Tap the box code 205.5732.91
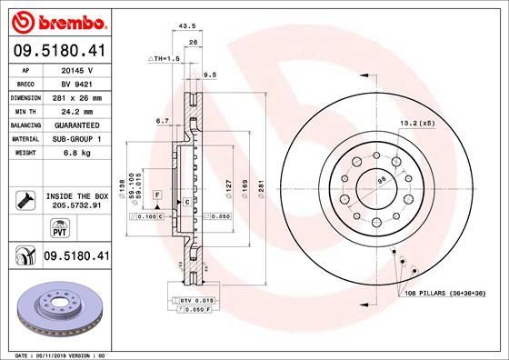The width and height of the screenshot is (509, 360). [x=75, y=206]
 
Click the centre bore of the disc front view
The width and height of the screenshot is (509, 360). [x=374, y=180]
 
